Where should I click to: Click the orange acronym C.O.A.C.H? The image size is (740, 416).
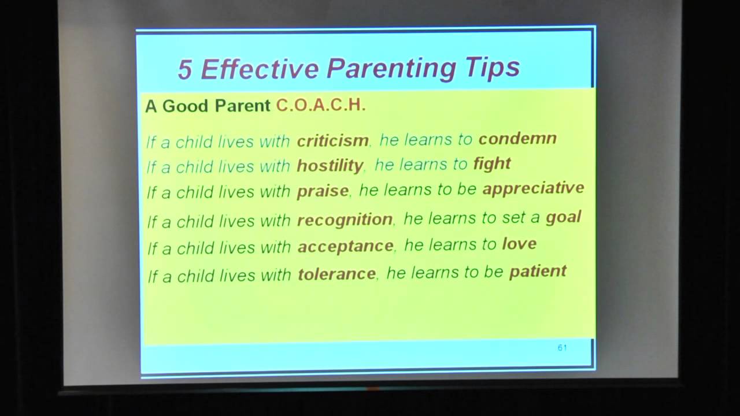tap(321, 105)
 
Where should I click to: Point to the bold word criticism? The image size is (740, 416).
tap(332, 140)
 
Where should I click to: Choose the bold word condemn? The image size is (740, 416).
tap(517, 138)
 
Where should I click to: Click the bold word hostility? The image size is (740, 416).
tap(330, 166)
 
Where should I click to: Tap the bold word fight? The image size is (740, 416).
tap(492, 164)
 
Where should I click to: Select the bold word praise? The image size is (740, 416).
tap(323, 191)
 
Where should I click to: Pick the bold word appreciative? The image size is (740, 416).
tap(533, 188)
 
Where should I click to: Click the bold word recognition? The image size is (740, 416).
tap(345, 220)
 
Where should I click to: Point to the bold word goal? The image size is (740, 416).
tap(563, 217)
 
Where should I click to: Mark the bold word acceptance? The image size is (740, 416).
tap(345, 247)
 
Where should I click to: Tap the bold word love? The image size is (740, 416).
tap(519, 244)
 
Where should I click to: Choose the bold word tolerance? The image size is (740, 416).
tap(336, 273)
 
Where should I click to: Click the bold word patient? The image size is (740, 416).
tap(538, 271)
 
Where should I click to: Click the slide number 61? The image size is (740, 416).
tap(562, 347)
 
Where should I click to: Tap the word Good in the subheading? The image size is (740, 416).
tap(187, 106)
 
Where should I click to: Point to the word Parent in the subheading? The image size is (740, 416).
tap(243, 106)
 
